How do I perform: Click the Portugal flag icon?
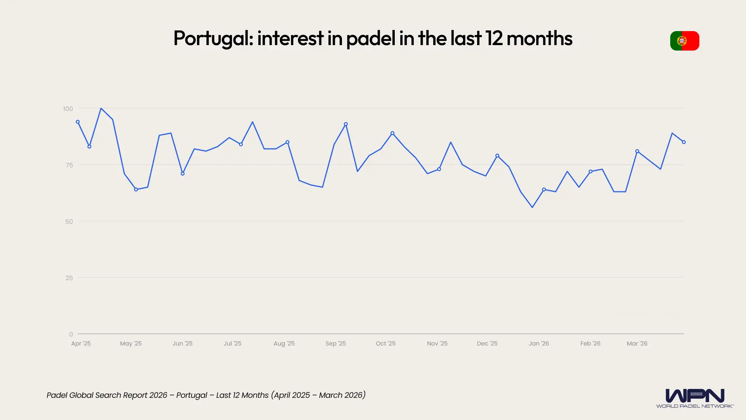pos(684,41)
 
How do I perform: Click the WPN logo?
pos(695,397)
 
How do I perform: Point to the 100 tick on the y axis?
pos(68,109)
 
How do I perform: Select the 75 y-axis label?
pos(69,165)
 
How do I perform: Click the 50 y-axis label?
pos(69,222)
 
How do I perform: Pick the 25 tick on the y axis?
pos(69,278)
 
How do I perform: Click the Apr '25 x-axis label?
pos(81,343)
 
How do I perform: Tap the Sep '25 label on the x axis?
pos(336,343)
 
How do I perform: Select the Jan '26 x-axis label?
pos(539,343)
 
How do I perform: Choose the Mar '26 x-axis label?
pos(637,343)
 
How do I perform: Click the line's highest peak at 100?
pos(101,108)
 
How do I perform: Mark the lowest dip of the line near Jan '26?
pos(532,207)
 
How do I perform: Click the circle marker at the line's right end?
pos(684,142)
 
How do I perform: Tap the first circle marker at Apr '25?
pos(78,122)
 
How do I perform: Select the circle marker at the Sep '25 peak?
pos(346,124)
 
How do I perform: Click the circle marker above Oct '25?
pos(392,133)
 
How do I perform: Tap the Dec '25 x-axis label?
pos(487,343)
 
